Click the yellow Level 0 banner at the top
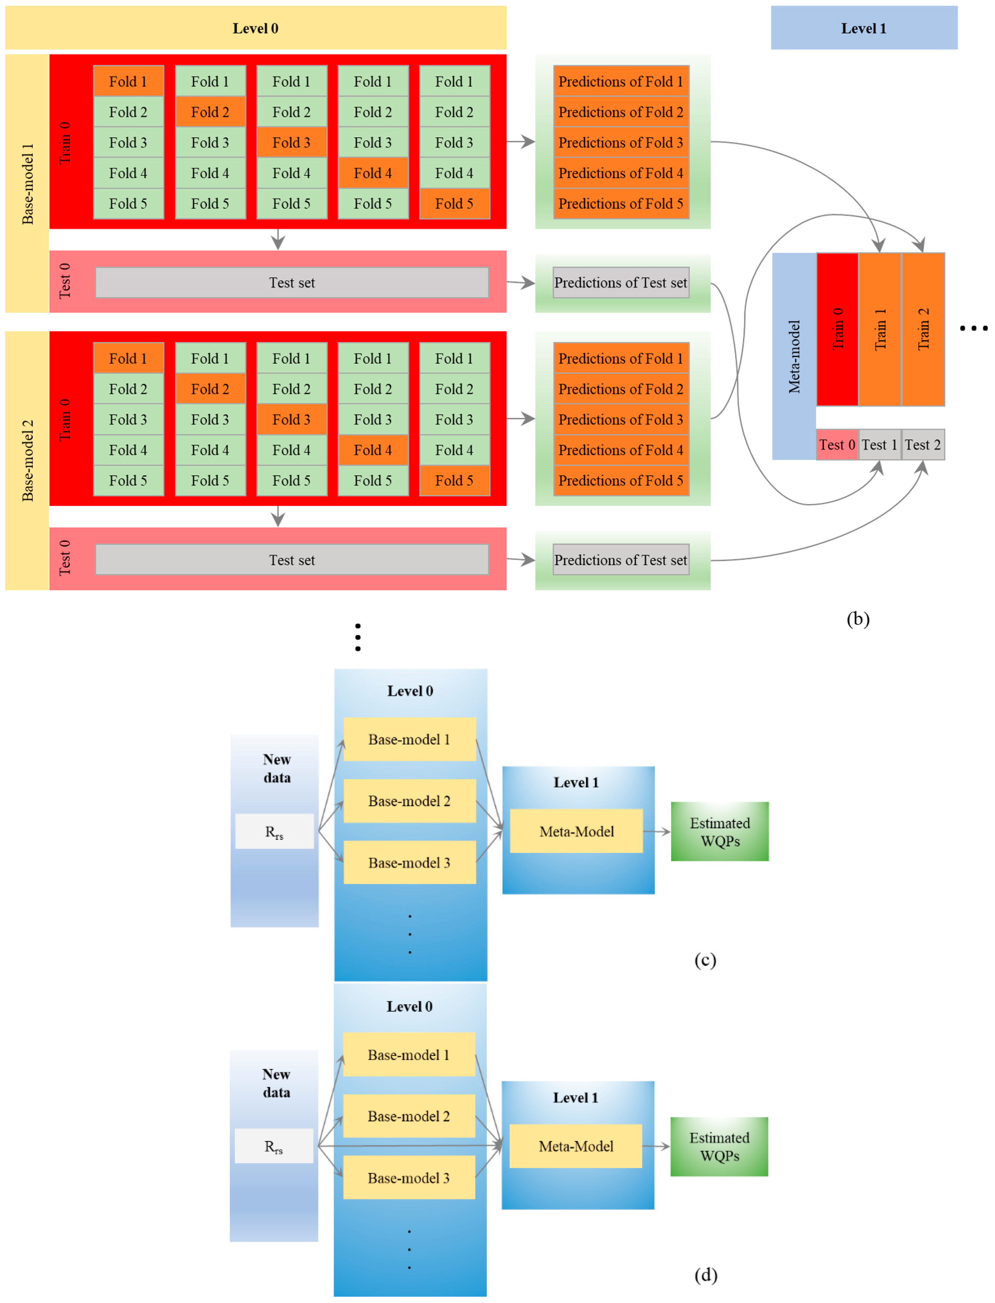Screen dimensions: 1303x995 click(x=255, y=28)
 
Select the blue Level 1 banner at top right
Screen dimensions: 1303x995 click(x=864, y=28)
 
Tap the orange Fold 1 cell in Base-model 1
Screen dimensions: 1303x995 click(x=128, y=81)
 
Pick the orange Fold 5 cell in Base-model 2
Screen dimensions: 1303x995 click(x=454, y=481)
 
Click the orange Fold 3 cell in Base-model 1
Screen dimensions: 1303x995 click(x=291, y=142)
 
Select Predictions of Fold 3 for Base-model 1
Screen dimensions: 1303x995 click(x=621, y=142)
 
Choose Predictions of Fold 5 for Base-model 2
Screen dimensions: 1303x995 click(x=621, y=481)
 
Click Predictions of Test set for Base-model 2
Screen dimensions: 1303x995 click(x=621, y=560)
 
